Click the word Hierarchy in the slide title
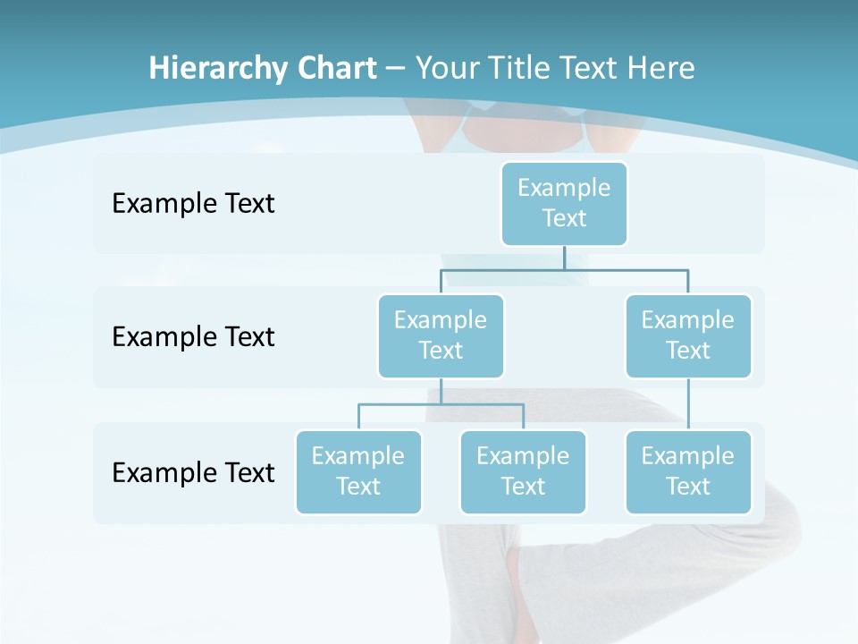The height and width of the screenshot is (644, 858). (203, 68)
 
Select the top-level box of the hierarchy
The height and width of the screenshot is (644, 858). (564, 203)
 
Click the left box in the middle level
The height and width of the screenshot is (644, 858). (441, 335)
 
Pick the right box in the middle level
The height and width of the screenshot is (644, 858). (688, 335)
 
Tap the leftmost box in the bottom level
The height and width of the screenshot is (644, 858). (358, 471)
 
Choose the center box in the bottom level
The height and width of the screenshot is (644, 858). (523, 471)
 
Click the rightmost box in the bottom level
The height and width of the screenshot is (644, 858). (688, 471)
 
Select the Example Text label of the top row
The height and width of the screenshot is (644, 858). (193, 203)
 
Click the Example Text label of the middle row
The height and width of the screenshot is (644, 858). (193, 336)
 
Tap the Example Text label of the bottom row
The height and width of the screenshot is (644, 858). (193, 472)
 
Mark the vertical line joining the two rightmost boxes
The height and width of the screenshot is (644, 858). (688, 404)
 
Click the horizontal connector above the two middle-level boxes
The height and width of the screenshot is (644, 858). (564, 268)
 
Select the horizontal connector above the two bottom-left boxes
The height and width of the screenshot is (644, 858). (441, 404)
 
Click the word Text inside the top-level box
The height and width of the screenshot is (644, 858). (564, 218)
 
